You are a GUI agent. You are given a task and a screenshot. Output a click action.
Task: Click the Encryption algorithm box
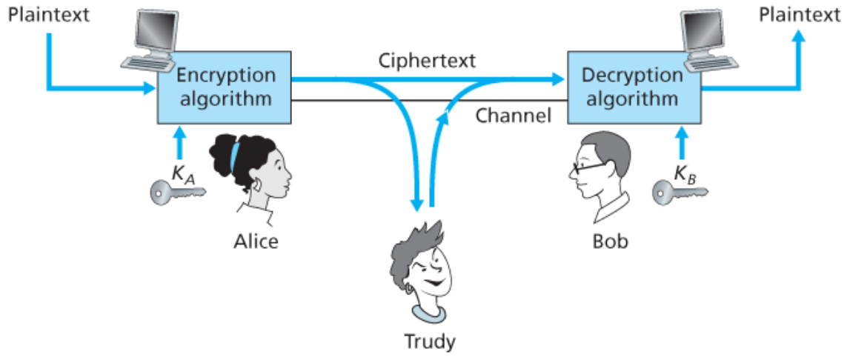(x=225, y=87)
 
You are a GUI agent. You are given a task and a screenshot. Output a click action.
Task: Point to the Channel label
(x=514, y=115)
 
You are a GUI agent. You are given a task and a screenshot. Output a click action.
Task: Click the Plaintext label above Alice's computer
(x=48, y=15)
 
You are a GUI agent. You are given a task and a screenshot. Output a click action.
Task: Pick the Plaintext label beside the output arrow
(x=800, y=15)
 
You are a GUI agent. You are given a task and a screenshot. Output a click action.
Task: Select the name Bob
(x=610, y=241)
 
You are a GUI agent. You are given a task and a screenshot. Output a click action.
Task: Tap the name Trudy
(x=429, y=341)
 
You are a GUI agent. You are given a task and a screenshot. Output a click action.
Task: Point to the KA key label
(x=183, y=173)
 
